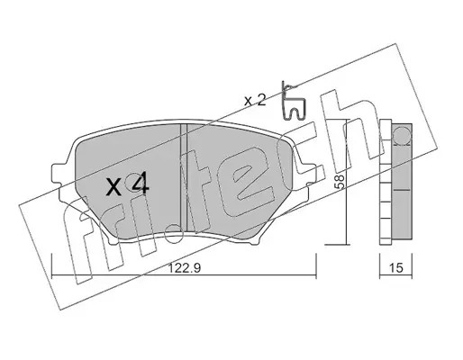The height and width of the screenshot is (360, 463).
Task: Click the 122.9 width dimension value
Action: click(184, 268)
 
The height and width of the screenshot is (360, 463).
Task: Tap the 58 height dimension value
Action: click(340, 182)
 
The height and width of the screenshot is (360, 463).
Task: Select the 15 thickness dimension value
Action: click(396, 268)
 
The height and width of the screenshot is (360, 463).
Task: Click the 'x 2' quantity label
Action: click(255, 101)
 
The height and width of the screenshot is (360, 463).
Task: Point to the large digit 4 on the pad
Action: click(140, 183)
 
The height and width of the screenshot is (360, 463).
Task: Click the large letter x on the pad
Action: click(114, 187)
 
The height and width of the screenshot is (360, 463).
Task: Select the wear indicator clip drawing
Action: click(293, 101)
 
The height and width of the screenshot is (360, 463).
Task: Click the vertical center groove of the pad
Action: click(184, 177)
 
